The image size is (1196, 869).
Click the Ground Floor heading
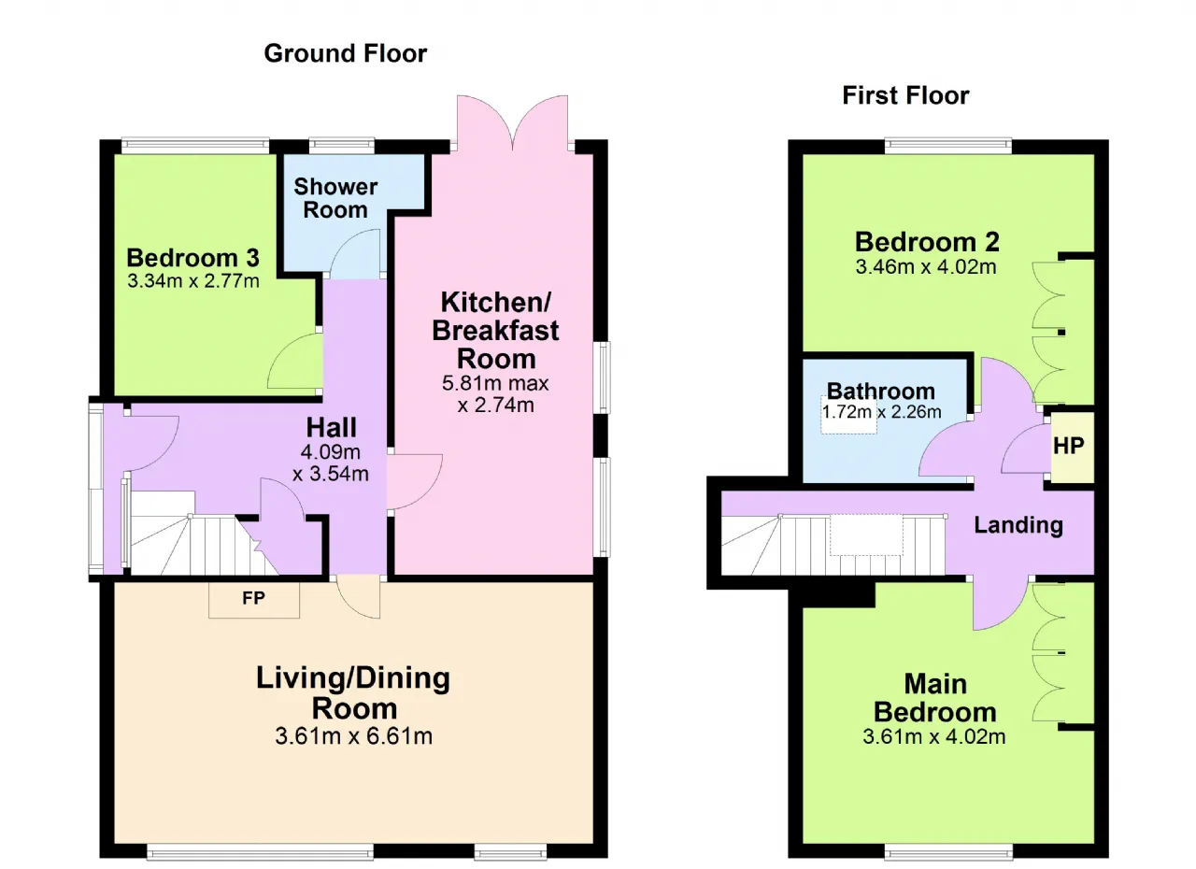(x=346, y=53)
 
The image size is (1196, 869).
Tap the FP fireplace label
(x=253, y=598)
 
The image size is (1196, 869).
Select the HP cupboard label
(x=1069, y=446)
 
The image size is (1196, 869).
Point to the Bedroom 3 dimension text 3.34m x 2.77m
(x=193, y=280)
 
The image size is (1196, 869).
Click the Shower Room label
(x=335, y=198)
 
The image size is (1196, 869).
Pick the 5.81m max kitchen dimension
(x=495, y=383)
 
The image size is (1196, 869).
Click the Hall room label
(x=331, y=428)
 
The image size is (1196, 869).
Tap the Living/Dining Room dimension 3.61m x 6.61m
(x=353, y=736)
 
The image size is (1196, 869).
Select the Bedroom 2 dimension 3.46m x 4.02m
(x=926, y=266)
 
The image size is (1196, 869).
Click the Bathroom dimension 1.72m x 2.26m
(x=881, y=411)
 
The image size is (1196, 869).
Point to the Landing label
(x=1018, y=525)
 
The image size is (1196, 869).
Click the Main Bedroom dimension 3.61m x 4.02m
(x=933, y=736)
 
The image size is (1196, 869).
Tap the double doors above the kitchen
(x=513, y=122)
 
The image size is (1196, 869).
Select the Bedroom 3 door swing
(x=294, y=362)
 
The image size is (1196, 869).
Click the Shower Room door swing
(x=355, y=253)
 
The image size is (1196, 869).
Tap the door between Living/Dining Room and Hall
(x=358, y=597)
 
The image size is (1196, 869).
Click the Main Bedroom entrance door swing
(x=1000, y=603)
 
